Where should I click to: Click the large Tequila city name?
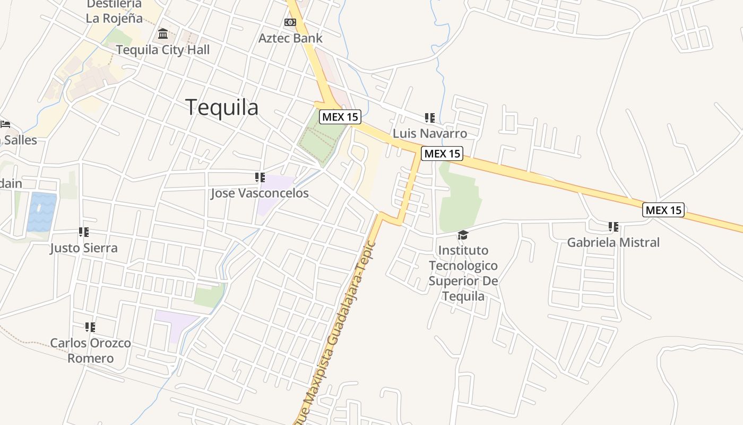click(x=222, y=107)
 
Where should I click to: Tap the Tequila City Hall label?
click(x=163, y=50)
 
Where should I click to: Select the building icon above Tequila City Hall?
click(x=163, y=35)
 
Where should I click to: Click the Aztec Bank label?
click(x=290, y=38)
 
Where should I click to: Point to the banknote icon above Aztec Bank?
click(x=290, y=22)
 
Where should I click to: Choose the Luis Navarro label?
click(x=430, y=133)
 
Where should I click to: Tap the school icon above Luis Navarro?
click(x=430, y=118)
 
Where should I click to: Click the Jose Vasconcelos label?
click(x=260, y=193)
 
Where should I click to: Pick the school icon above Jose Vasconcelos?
click(x=260, y=177)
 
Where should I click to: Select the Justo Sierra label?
click(x=84, y=248)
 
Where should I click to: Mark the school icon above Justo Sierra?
click(x=84, y=232)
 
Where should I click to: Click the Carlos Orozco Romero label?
click(x=90, y=351)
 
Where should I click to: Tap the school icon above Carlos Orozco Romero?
click(x=90, y=327)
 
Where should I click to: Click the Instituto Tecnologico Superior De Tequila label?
click(x=463, y=273)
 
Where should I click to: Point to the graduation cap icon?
click(x=463, y=235)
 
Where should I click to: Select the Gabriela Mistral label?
click(x=614, y=243)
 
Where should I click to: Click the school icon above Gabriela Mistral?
click(x=614, y=227)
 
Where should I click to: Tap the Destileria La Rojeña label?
click(x=114, y=12)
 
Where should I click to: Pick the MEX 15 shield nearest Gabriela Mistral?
click(x=663, y=210)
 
